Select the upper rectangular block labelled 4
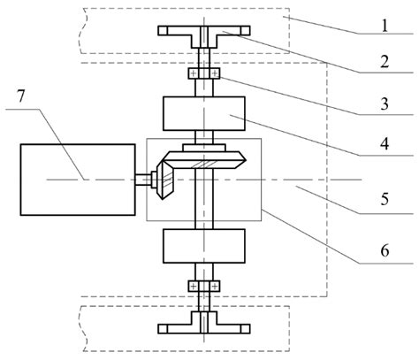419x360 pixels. (203, 116)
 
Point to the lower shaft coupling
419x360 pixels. (203, 287)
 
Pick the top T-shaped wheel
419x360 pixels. (202, 32)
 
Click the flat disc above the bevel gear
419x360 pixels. (203, 146)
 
